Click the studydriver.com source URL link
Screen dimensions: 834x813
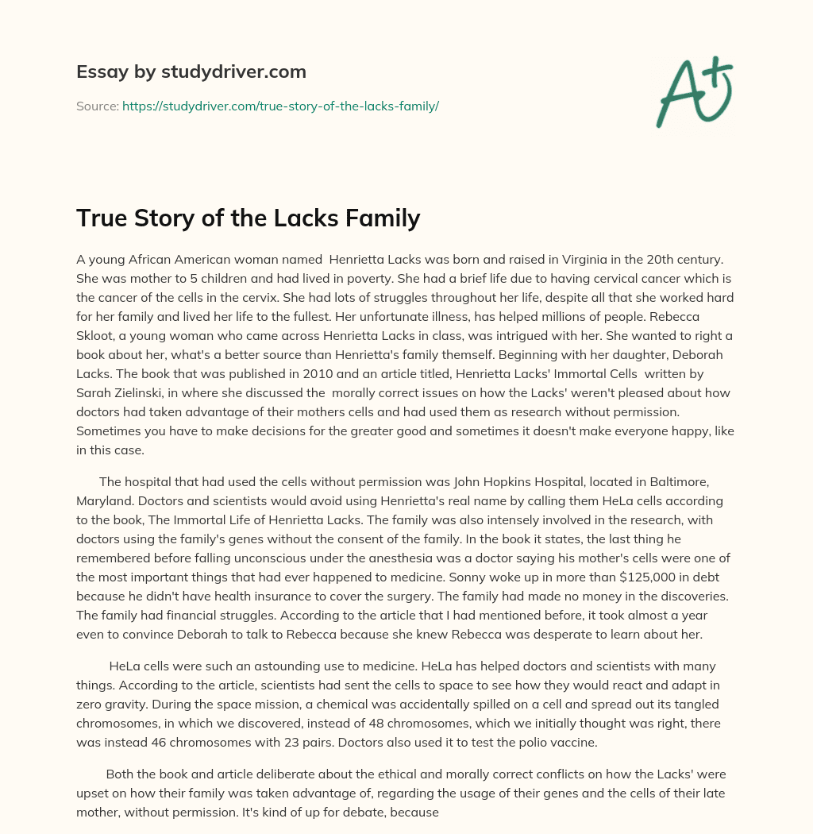click(280, 105)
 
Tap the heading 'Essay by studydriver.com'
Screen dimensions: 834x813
click(191, 71)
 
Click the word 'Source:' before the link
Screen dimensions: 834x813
click(98, 105)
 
